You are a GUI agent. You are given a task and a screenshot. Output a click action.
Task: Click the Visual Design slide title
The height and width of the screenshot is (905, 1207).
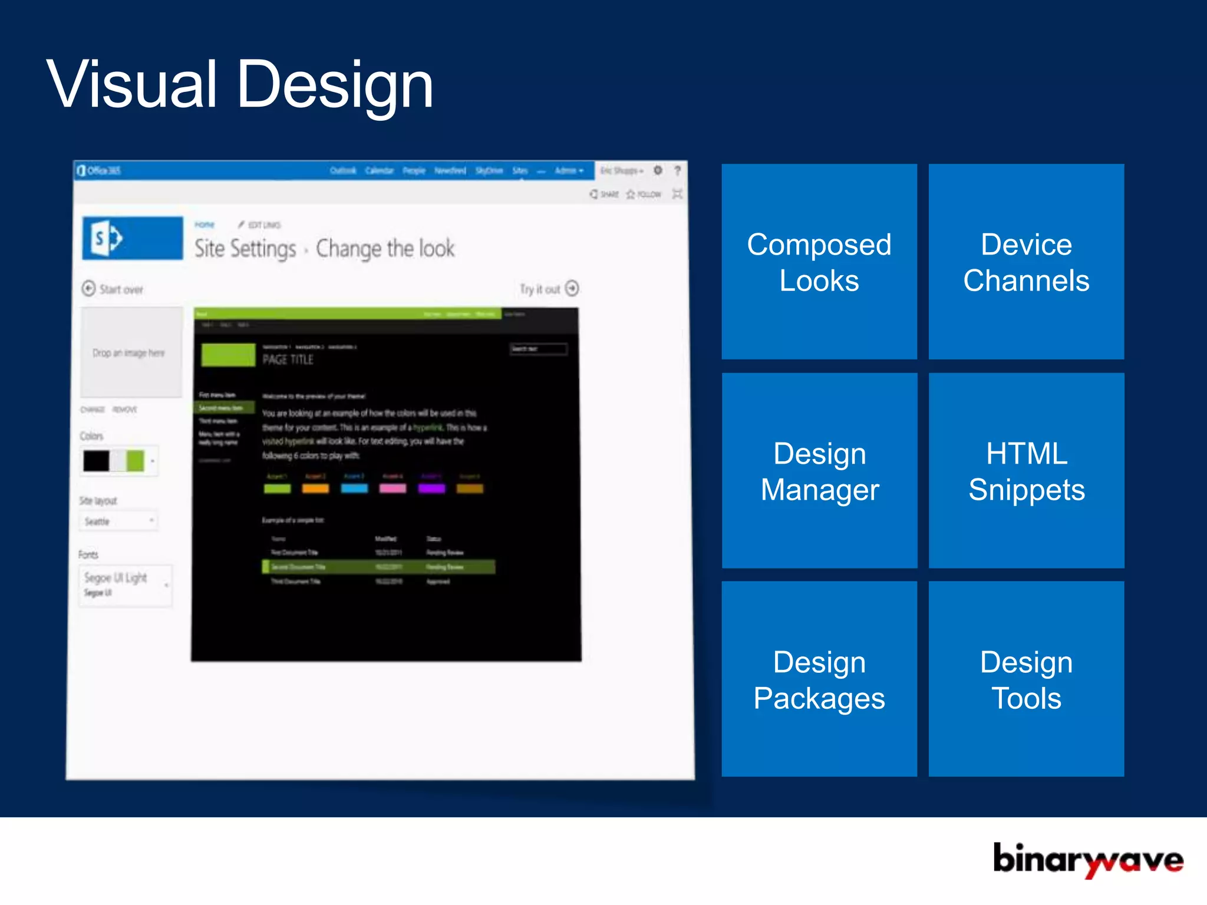click(x=240, y=85)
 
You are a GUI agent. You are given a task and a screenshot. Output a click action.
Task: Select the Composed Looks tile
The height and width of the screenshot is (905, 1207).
click(x=819, y=262)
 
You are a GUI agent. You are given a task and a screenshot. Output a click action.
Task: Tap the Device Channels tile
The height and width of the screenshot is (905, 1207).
click(x=1026, y=262)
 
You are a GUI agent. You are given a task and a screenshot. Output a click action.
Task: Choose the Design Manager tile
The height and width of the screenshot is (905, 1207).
click(x=819, y=471)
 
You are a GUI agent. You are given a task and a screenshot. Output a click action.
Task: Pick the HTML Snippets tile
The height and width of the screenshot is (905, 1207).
click(x=1026, y=471)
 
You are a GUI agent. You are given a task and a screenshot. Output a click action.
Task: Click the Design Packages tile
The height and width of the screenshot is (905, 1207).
click(x=819, y=679)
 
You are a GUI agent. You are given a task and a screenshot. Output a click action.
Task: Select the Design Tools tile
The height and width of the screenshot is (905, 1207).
click(x=1026, y=679)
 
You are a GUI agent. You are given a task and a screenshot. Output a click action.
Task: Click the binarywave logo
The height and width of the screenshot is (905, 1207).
click(x=1087, y=860)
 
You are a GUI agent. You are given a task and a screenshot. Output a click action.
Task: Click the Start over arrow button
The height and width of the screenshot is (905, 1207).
click(x=88, y=289)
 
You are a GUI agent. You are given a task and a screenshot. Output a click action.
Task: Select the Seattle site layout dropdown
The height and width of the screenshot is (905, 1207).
click(x=118, y=521)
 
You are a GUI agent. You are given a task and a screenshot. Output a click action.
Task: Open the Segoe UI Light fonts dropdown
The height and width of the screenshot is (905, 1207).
click(x=126, y=585)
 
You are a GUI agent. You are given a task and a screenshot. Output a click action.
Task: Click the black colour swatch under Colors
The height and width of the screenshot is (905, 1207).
click(x=96, y=461)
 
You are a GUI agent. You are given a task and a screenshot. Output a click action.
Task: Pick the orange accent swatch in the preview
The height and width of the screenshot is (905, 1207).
click(x=315, y=488)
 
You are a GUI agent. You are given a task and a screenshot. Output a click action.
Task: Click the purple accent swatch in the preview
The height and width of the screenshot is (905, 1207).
click(x=431, y=488)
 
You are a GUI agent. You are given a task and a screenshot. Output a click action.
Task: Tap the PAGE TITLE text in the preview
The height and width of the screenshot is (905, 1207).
click(x=288, y=359)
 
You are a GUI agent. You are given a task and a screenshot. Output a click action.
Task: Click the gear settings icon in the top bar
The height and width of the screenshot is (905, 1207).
click(x=658, y=170)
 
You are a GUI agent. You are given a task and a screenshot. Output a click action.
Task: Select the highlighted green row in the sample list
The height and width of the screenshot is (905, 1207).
click(x=378, y=567)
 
